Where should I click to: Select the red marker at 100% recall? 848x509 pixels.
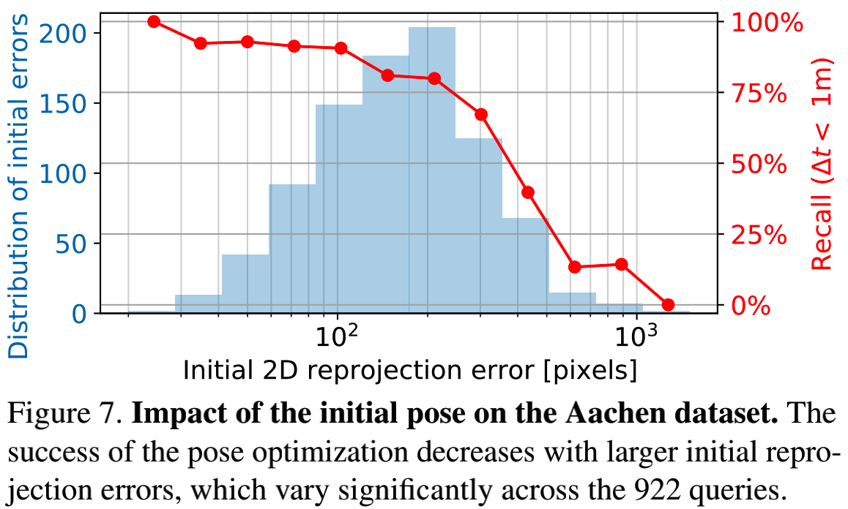pyautogui.click(x=154, y=21)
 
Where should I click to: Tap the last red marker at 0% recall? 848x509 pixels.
pyautogui.click(x=668, y=304)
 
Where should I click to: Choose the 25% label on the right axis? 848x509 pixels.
pyautogui.click(x=757, y=235)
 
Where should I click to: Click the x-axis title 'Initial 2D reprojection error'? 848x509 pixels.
pyautogui.click(x=409, y=370)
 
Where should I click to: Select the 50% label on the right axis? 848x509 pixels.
pyautogui.click(x=757, y=164)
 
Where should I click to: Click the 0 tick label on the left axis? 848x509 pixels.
pyautogui.click(x=78, y=314)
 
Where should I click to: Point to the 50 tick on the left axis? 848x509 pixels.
pyautogui.click(x=72, y=244)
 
